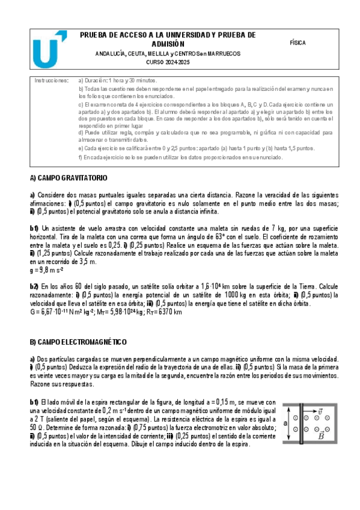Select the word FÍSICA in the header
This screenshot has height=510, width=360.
click(x=297, y=43)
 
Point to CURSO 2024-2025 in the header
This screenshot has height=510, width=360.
click(x=168, y=63)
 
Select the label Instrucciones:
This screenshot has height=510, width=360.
click(x=51, y=80)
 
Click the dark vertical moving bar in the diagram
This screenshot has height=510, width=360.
click(x=299, y=423)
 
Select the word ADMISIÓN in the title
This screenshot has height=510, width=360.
click(x=168, y=44)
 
